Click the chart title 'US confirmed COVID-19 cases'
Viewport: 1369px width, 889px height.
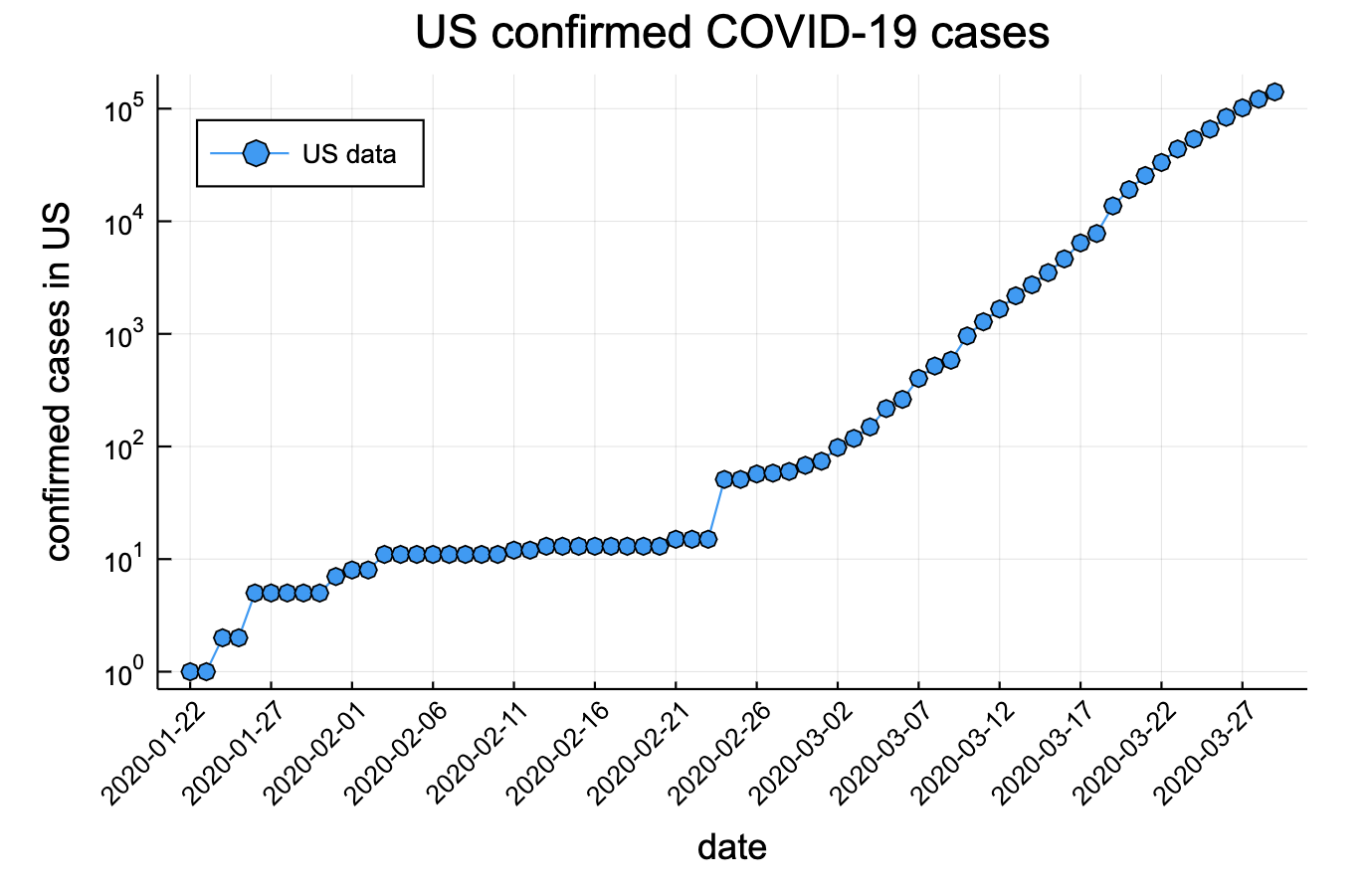point(731,33)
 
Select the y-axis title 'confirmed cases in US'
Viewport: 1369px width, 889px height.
point(58,382)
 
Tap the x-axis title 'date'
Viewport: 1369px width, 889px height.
point(731,846)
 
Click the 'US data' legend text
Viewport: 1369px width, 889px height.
point(349,154)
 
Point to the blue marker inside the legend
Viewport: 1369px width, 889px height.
point(256,153)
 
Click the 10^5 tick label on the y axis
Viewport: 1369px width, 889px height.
point(124,108)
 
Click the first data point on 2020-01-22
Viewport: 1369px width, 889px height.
point(190,671)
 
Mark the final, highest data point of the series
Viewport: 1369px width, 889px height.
point(1274,91)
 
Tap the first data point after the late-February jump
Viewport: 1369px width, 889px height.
point(724,479)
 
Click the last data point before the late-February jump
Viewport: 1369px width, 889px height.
point(708,539)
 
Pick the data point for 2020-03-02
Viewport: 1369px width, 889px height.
point(838,446)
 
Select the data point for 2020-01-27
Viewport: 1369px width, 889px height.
point(271,593)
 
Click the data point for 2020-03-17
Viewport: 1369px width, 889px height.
point(1080,243)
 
